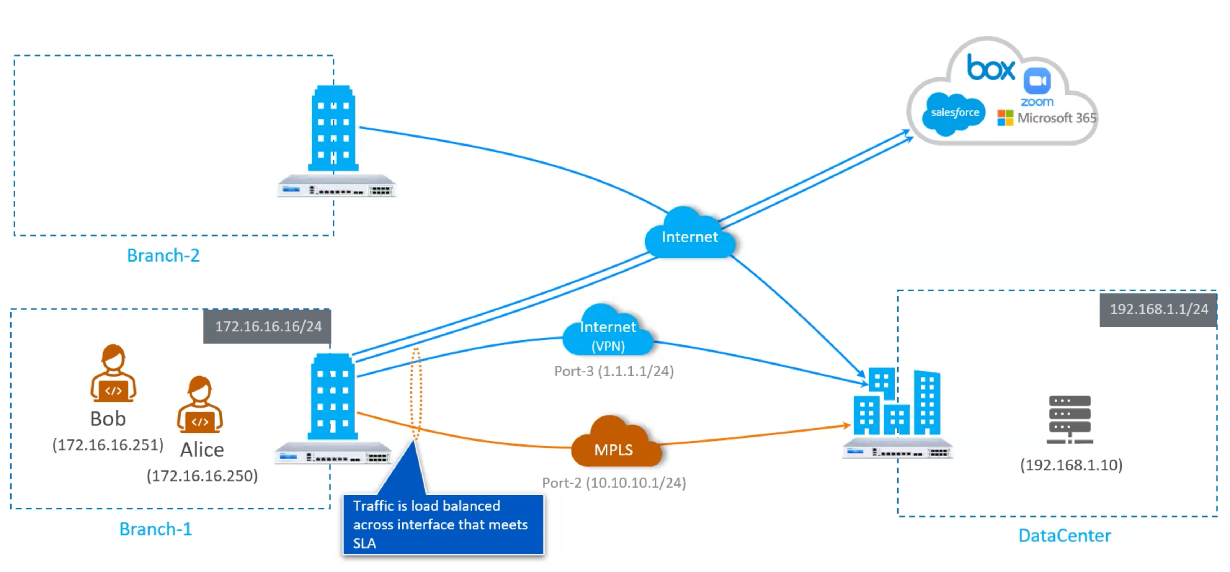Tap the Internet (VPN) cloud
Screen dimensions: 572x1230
(x=608, y=333)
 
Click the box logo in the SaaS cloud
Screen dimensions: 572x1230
(x=990, y=68)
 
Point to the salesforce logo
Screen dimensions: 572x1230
(x=954, y=113)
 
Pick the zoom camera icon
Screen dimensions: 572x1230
(x=1037, y=81)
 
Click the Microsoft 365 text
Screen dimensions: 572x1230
(x=1056, y=118)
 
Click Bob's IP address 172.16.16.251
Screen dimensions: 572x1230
(x=108, y=445)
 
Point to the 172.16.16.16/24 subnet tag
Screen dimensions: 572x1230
(x=267, y=327)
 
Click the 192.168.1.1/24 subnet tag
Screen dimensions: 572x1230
(x=1158, y=309)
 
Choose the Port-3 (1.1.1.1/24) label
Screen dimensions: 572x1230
(x=614, y=371)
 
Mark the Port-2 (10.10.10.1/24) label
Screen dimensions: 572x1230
(x=614, y=483)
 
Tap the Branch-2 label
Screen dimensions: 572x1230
(x=163, y=255)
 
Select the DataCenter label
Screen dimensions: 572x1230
(x=1064, y=536)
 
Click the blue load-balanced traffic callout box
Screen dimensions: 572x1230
(x=443, y=524)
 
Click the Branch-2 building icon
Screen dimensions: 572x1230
(x=333, y=129)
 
